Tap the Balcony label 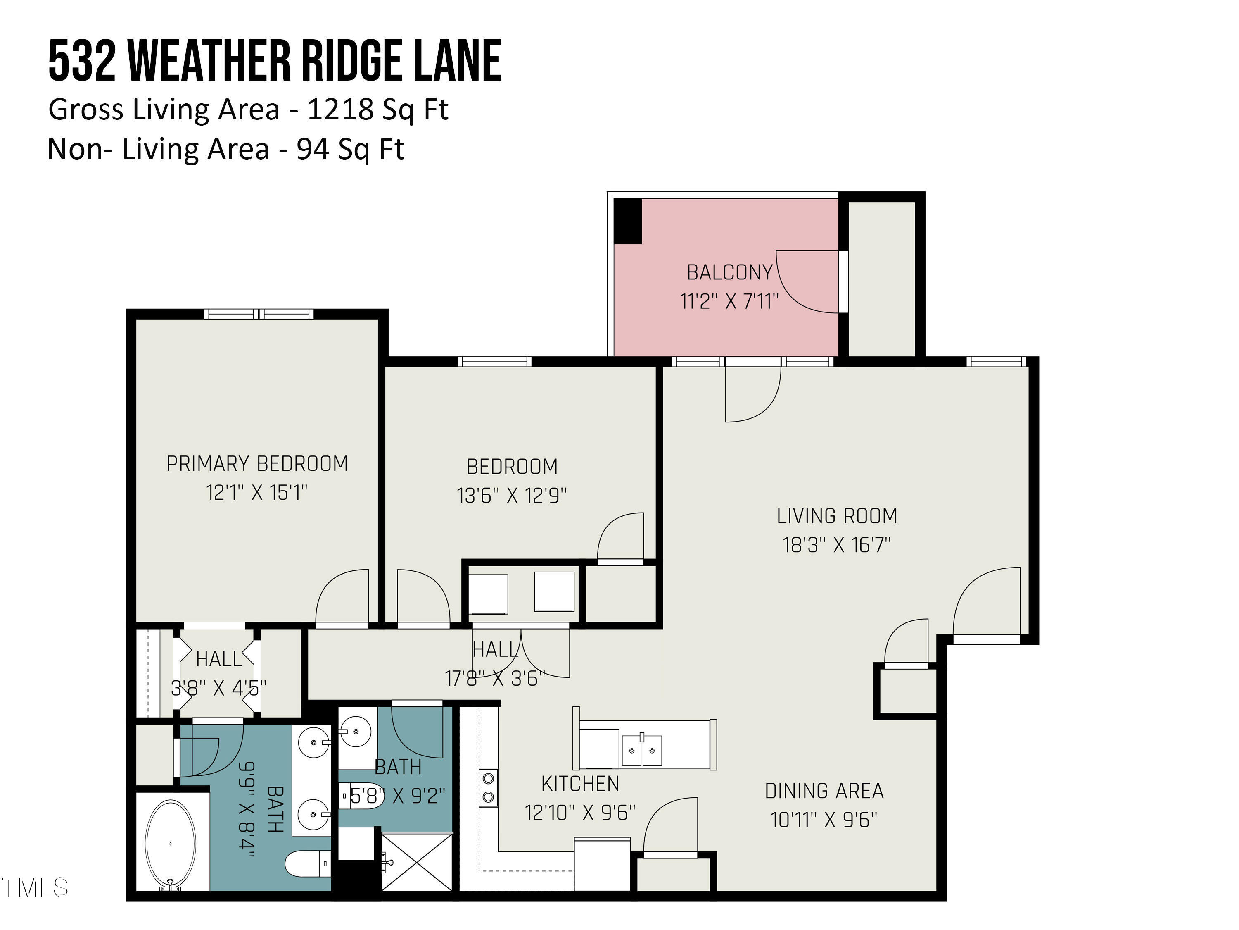729,272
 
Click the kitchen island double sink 642,750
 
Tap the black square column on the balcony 627,221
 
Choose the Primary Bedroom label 257,464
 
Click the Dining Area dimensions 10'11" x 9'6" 824,820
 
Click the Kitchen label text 580,784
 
